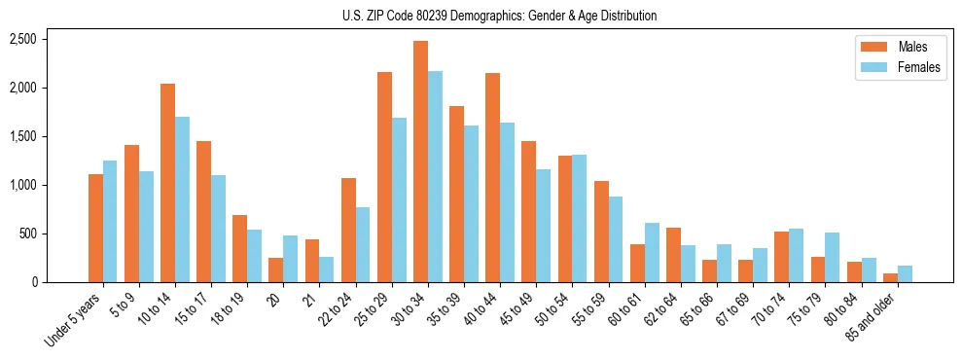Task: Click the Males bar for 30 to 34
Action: (420, 162)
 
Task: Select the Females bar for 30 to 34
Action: (435, 176)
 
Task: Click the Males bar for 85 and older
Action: (890, 277)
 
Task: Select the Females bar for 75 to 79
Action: (832, 258)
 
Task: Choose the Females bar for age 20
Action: (291, 259)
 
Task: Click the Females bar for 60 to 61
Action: (652, 253)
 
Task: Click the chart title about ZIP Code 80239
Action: (499, 16)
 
